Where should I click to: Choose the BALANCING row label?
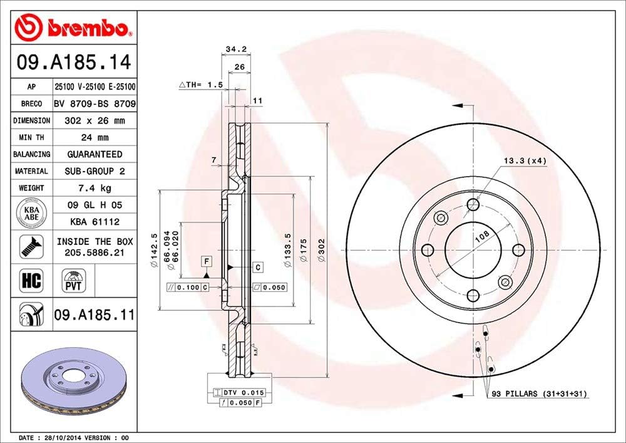(x=31, y=154)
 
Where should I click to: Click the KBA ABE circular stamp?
(x=31, y=213)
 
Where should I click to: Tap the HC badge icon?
(x=31, y=280)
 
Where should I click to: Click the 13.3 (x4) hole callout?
(x=525, y=161)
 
